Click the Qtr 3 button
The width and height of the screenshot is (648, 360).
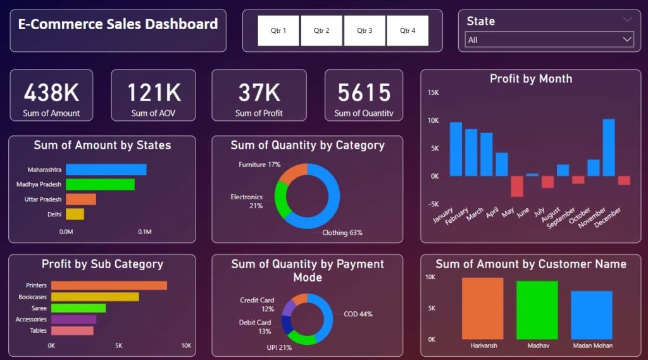(x=364, y=30)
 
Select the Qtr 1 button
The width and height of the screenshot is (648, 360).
(x=278, y=30)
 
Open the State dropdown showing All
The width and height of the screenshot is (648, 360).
(x=549, y=40)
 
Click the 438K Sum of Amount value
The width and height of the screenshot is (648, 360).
(x=52, y=93)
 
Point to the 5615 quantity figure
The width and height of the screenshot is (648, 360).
(x=364, y=93)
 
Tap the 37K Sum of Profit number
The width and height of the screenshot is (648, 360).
(x=259, y=93)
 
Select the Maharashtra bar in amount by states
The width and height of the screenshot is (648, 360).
(x=106, y=170)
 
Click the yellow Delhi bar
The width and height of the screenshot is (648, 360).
(x=75, y=214)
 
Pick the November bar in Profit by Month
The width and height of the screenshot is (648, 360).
(x=609, y=147)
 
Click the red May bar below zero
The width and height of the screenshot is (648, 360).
(x=517, y=186)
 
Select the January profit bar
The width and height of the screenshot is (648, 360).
(x=456, y=149)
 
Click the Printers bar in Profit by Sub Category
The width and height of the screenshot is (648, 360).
(x=109, y=285)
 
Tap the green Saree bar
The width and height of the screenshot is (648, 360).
(x=78, y=308)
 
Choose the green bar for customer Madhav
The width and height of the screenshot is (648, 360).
(x=537, y=310)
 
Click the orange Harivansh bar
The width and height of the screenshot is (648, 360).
(x=482, y=308)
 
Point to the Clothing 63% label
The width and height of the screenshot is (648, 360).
(x=342, y=232)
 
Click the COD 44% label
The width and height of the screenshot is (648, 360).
(x=358, y=314)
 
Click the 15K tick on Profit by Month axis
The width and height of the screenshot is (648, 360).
(x=433, y=92)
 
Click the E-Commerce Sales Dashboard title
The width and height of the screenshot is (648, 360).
(x=118, y=25)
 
